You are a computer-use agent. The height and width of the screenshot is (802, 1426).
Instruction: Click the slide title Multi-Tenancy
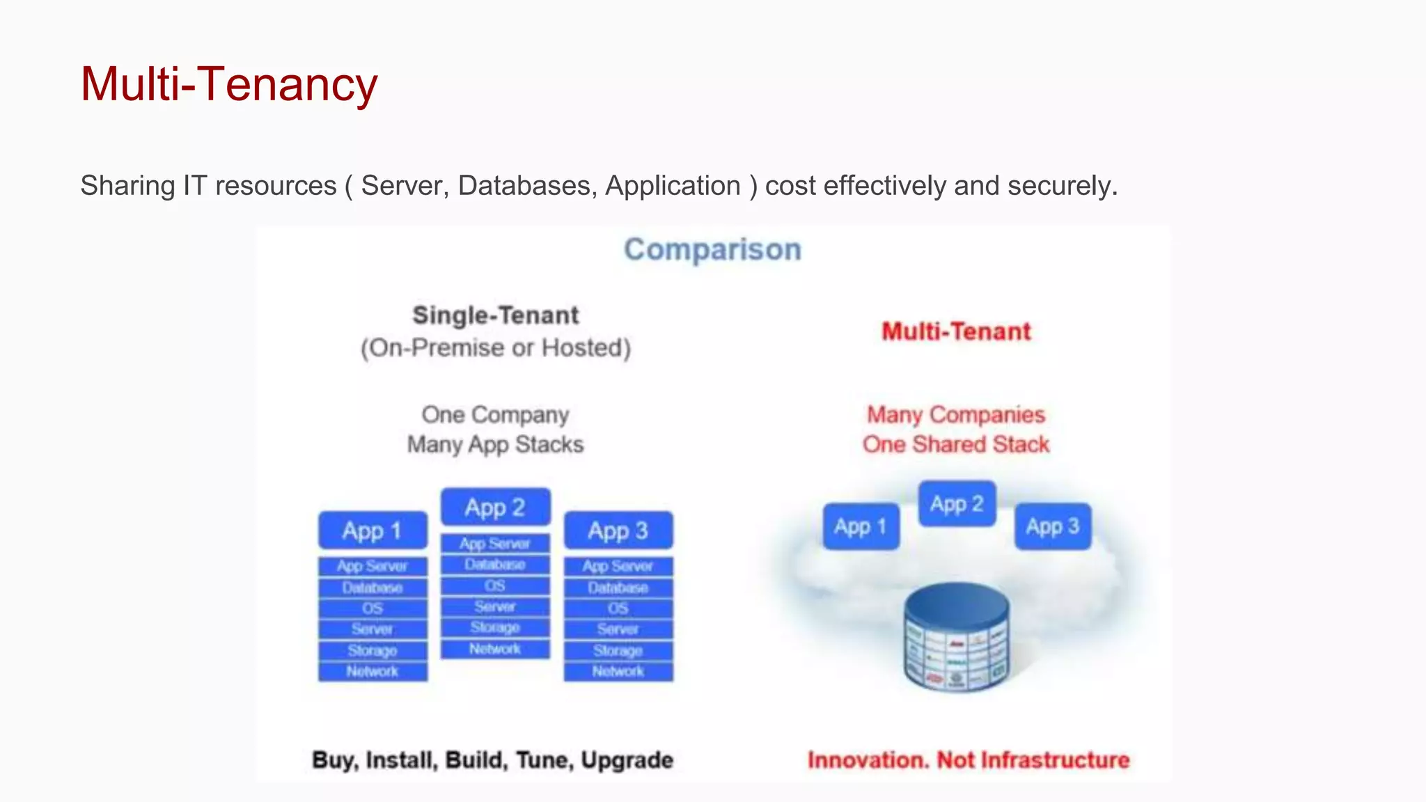[228, 84]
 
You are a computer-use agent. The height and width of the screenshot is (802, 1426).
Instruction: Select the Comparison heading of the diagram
[712, 249]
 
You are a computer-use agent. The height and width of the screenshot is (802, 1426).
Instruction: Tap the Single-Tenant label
[495, 315]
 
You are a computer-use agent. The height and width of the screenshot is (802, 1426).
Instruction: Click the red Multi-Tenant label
[956, 331]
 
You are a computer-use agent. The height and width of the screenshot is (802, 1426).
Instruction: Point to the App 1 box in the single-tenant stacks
[373, 530]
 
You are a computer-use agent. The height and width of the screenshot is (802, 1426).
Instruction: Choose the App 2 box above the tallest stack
[495, 507]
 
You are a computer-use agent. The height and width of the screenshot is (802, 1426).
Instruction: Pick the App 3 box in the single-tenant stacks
[618, 530]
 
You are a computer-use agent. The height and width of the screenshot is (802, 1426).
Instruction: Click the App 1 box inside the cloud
[861, 526]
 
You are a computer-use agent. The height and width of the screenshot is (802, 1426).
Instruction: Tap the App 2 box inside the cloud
[957, 503]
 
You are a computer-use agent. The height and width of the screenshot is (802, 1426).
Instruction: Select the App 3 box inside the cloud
[1052, 526]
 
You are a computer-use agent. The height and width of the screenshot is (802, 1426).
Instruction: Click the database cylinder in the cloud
[957, 637]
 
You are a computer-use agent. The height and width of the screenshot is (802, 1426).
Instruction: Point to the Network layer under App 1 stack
[373, 672]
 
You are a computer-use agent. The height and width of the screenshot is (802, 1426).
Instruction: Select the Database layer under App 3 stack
[618, 588]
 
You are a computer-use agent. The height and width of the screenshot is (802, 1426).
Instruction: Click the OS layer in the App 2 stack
[495, 585]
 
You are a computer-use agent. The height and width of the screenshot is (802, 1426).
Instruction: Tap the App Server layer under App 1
[373, 566]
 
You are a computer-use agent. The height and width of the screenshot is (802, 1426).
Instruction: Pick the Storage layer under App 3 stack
[618, 651]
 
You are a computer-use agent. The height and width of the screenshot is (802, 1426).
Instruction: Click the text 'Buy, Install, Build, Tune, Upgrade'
[492, 760]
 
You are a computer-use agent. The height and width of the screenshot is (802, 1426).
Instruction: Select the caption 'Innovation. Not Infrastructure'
[968, 760]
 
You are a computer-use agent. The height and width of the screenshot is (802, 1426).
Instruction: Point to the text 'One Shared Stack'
[956, 444]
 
